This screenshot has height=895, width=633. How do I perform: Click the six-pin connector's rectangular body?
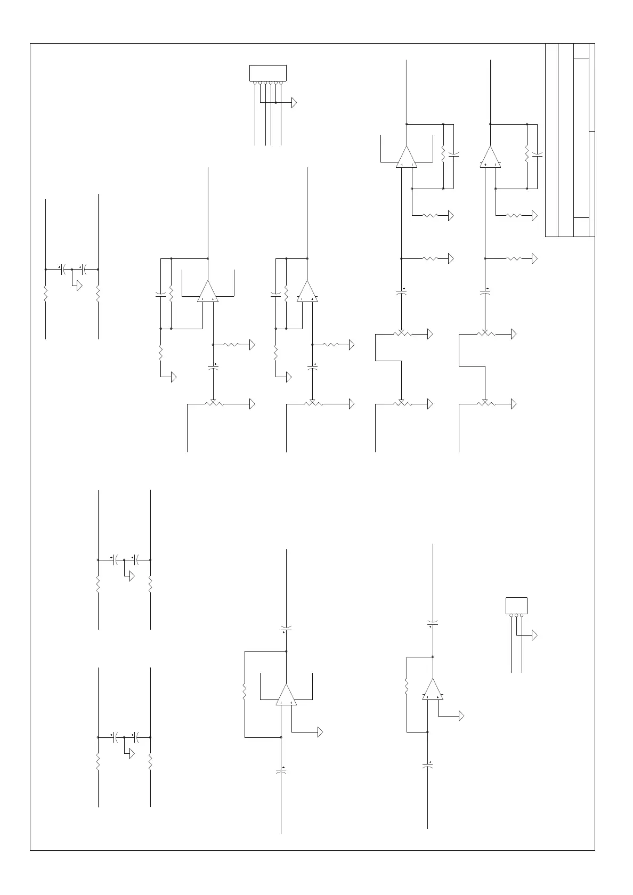[268, 73]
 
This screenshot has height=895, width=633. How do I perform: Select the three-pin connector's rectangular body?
[516, 606]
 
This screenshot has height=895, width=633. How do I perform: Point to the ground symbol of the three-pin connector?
[534, 635]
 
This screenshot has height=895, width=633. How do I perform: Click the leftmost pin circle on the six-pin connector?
[255, 83]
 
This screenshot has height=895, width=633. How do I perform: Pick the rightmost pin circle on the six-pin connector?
[281, 83]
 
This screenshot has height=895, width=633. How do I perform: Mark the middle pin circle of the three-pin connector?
[516, 616]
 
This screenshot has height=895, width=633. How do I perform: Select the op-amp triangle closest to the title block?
[490, 158]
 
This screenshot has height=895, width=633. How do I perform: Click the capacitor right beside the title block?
[537, 156]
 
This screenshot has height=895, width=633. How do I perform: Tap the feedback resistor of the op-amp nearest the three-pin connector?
[407, 687]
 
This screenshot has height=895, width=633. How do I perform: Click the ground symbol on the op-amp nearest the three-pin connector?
[461, 716]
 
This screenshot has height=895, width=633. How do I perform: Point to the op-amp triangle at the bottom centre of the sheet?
[286, 695]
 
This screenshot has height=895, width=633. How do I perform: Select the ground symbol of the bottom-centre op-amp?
[320, 732]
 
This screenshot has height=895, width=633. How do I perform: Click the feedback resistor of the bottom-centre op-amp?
[245, 692]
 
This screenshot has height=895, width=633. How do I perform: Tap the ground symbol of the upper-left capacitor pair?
[79, 286]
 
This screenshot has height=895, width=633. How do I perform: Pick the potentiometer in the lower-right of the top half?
[485, 404]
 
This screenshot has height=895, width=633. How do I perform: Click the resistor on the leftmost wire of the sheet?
[46, 294]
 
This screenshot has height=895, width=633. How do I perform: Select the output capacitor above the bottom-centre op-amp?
[286, 628]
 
